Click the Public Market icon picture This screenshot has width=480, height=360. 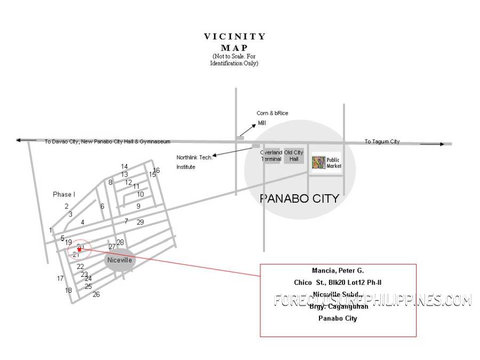(x=318, y=162)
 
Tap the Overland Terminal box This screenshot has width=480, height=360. (x=271, y=155)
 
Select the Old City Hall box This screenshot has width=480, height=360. (x=294, y=155)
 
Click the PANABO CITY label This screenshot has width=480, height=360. (x=299, y=198)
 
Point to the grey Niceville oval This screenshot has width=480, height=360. (x=120, y=260)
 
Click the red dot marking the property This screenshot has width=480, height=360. (x=79, y=249)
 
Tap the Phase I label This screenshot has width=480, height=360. (x=64, y=194)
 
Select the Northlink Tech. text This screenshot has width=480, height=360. (x=195, y=157)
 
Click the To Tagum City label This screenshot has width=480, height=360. (x=382, y=141)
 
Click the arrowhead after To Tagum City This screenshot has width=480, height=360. (x=440, y=144)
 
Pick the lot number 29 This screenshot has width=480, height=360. (x=140, y=222)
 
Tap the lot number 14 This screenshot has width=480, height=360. (x=124, y=166)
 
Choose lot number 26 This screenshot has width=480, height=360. (x=96, y=294)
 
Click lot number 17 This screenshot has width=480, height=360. (x=60, y=278)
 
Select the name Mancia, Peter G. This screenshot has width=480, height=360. (x=338, y=271)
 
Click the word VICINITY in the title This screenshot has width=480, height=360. (x=235, y=37)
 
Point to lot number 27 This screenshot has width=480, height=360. (x=112, y=247)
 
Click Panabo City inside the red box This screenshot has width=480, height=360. (x=338, y=318)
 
